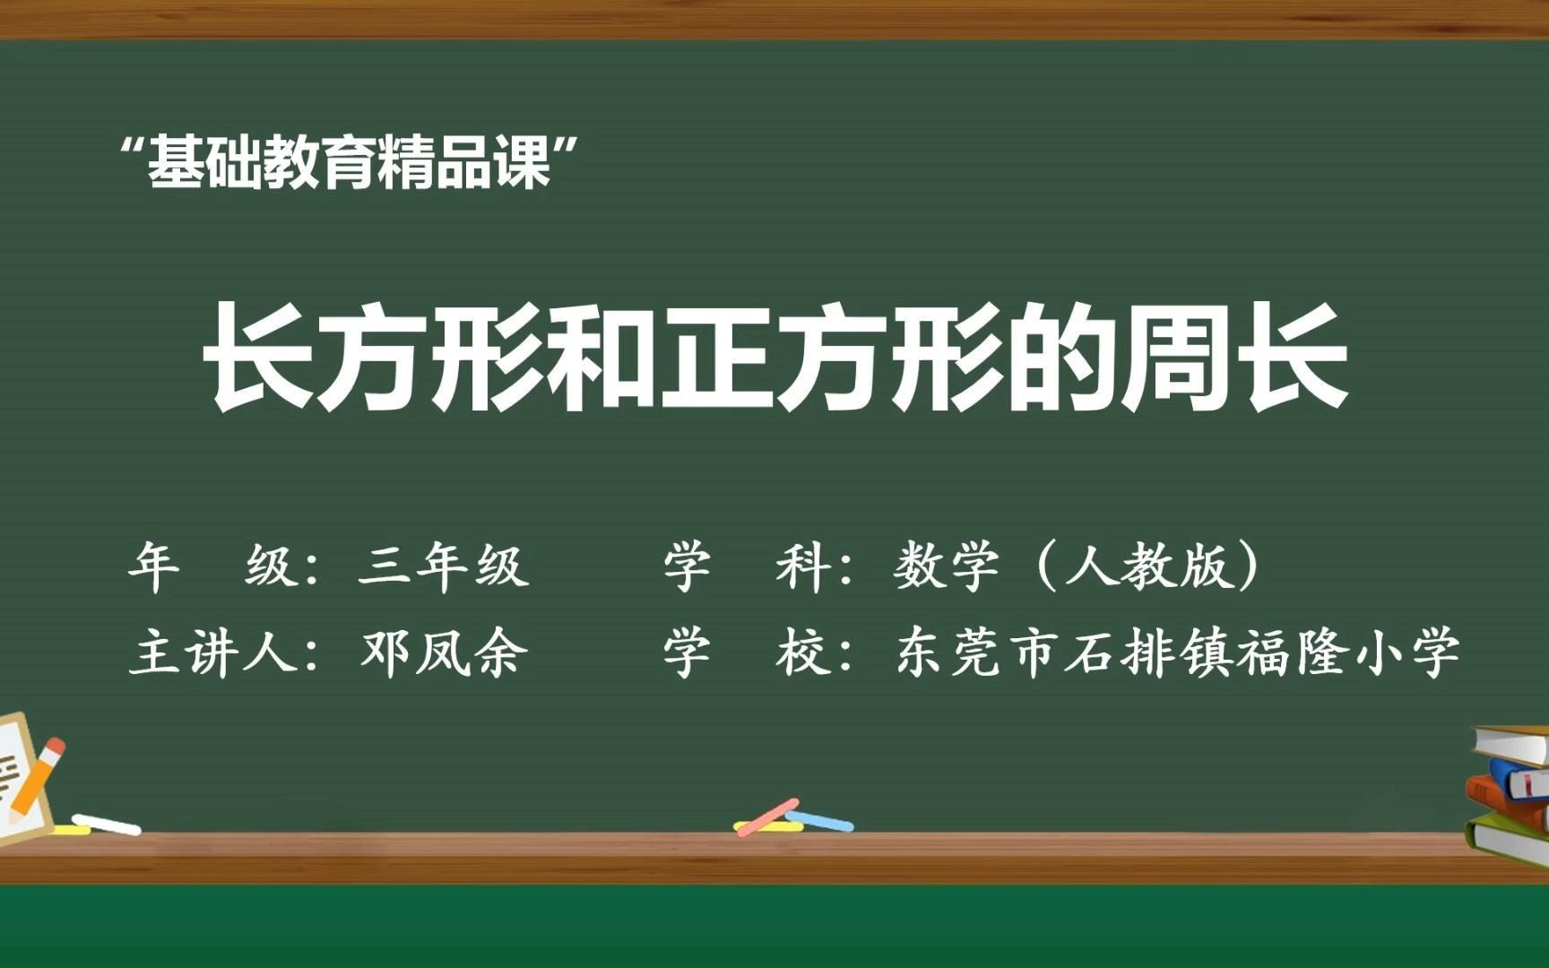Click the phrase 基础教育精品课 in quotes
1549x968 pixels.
tap(349, 163)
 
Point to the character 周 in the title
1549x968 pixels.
tap(1178, 357)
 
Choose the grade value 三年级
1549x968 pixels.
tap(443, 566)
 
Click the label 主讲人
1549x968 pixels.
tap(213, 652)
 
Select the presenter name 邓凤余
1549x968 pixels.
tap(443, 652)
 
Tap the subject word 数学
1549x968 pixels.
tap(947, 566)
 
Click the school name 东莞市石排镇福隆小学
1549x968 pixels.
tap(1177, 652)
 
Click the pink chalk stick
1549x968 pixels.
tap(766, 817)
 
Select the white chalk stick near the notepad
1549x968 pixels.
tap(106, 824)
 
